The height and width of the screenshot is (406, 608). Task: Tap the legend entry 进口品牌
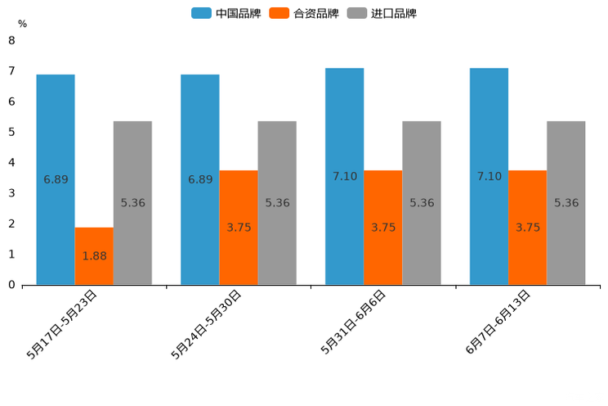click(x=382, y=13)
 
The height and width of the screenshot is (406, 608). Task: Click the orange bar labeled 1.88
click(x=94, y=256)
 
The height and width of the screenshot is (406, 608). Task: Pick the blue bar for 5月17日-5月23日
click(x=56, y=179)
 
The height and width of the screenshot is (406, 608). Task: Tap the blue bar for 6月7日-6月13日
click(x=489, y=176)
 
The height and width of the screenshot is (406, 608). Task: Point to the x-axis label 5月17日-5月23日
click(x=63, y=323)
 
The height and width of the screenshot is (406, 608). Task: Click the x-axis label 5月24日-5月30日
click(x=207, y=323)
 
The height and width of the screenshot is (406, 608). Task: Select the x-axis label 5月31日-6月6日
click(x=354, y=322)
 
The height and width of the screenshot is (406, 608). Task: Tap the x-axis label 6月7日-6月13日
click(x=498, y=322)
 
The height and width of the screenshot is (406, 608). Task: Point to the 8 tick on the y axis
click(x=11, y=40)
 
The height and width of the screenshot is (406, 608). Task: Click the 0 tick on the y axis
click(x=11, y=285)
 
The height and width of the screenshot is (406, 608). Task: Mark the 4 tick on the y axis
click(x=11, y=162)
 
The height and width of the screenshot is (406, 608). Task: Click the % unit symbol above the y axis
click(x=22, y=24)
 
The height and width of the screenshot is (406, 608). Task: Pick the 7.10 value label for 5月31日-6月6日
click(x=345, y=176)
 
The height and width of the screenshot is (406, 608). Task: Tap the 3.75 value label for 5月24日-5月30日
click(x=239, y=228)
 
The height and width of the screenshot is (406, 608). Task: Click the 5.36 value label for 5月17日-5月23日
click(x=132, y=203)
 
